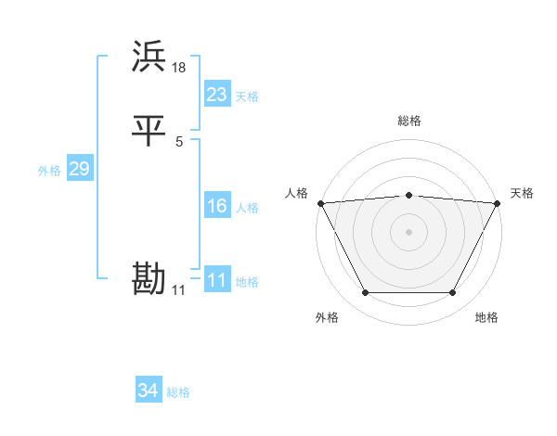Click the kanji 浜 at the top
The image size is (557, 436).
(149, 57)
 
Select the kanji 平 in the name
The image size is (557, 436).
(149, 131)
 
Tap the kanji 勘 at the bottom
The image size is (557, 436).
(149, 279)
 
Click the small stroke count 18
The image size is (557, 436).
(179, 67)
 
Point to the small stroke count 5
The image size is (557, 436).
(179, 141)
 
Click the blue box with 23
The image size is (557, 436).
(216, 95)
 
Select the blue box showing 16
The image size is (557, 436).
(216, 206)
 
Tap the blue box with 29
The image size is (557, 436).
(79, 169)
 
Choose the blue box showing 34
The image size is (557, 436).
(148, 391)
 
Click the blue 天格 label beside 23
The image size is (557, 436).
(247, 96)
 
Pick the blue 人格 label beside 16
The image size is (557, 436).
(247, 208)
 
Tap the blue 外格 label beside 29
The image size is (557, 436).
(49, 171)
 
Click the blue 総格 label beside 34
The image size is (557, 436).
(178, 393)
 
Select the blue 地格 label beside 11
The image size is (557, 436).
(247, 282)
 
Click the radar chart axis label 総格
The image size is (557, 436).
(409, 121)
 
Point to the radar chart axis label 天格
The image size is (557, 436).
(522, 193)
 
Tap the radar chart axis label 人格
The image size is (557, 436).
(296, 193)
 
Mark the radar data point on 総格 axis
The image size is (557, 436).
(409, 195)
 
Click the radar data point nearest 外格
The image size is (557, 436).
(365, 293)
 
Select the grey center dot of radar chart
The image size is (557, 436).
(409, 231)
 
